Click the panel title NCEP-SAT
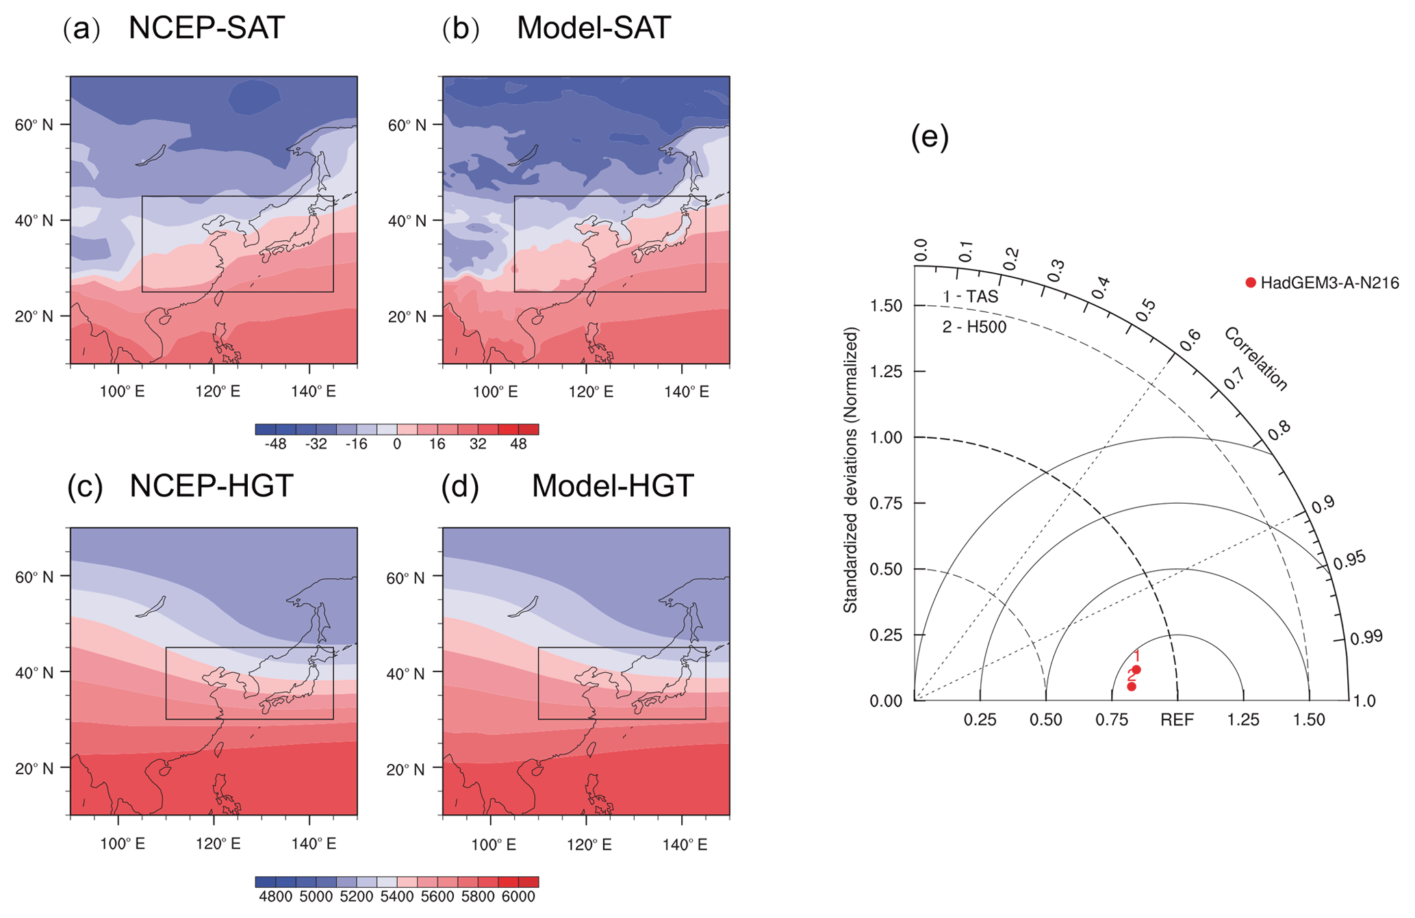[206, 29]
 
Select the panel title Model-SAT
[593, 29]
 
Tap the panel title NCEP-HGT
[211, 486]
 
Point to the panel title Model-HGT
[613, 486]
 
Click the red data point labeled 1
[1136, 670]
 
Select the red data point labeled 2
[1132, 687]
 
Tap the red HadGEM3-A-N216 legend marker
[1251, 283]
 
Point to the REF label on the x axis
[1177, 720]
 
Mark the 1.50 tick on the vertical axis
[886, 306]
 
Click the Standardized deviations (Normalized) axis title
[850, 470]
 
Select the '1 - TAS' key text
[970, 297]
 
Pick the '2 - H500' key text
[974, 328]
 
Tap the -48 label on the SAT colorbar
[275, 444]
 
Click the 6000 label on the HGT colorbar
[518, 897]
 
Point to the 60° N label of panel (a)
[34, 125]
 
